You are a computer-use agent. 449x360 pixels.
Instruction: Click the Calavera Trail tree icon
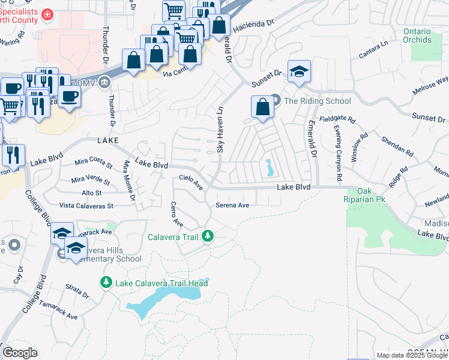[208, 237]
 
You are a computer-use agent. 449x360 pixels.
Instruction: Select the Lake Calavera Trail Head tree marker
[106, 281]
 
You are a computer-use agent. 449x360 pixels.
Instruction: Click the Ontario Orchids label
[417, 35]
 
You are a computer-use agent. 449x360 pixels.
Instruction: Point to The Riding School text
[318, 101]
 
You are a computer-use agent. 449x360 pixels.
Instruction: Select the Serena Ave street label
[232, 205]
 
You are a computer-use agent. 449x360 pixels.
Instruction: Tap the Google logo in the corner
[20, 353]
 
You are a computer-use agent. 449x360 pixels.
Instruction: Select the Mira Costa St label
[93, 163]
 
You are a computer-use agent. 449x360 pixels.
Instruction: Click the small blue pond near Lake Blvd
[270, 168]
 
